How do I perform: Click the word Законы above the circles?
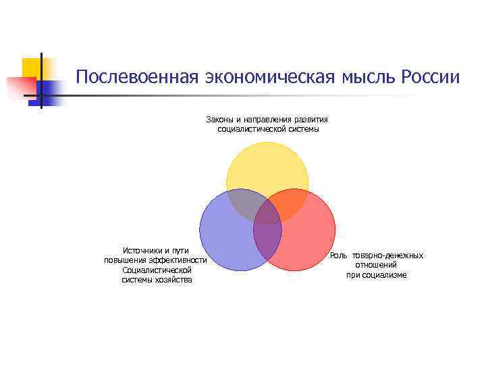pyautogui.click(x=220, y=120)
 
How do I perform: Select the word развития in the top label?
pyautogui.click(x=312, y=120)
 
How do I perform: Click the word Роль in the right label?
pyautogui.click(x=338, y=255)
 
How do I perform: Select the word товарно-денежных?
pyautogui.click(x=387, y=255)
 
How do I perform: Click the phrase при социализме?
pyautogui.click(x=377, y=274)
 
